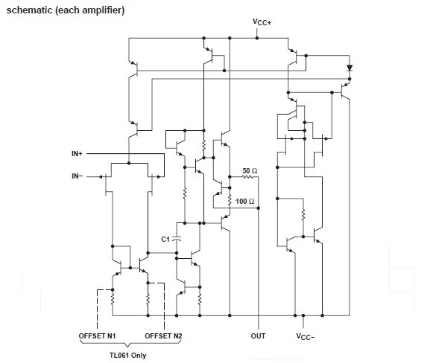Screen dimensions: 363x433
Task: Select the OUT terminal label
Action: click(x=258, y=336)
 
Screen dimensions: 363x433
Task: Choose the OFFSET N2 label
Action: click(x=163, y=336)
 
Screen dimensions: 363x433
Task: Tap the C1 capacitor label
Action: click(x=166, y=239)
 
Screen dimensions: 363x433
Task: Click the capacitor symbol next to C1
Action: click(x=180, y=239)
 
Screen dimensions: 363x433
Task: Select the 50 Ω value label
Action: click(x=250, y=171)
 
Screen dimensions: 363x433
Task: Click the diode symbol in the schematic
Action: click(x=349, y=68)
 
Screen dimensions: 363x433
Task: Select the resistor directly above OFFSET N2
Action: click(x=149, y=299)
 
